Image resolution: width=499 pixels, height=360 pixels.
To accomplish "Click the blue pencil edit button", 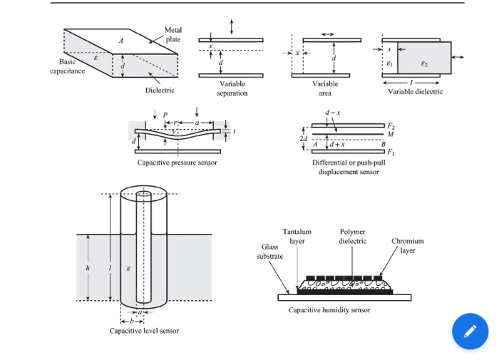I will click(470, 331).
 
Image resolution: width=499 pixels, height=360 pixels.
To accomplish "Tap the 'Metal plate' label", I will click(173, 35).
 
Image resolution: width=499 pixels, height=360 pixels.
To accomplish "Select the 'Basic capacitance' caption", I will click(67, 66).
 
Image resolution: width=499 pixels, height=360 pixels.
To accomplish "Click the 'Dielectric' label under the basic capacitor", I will click(160, 91).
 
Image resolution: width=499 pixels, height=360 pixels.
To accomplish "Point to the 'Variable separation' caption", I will click(232, 88).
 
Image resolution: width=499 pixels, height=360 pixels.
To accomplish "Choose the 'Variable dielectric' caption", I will click(415, 92).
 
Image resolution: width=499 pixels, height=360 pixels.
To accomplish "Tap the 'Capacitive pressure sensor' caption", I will click(178, 163).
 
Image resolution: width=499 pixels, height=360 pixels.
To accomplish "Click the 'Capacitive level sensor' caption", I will click(145, 331).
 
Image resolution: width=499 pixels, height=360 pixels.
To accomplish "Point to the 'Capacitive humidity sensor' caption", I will click(329, 310).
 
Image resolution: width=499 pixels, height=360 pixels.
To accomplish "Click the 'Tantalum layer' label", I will click(297, 237).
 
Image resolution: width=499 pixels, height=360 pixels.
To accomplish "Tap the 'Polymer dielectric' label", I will click(353, 237).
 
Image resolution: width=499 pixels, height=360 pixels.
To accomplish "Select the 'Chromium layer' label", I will click(407, 246).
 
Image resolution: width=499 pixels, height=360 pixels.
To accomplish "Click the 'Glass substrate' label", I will click(269, 250).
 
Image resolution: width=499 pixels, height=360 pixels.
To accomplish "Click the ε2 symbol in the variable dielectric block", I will click(424, 63).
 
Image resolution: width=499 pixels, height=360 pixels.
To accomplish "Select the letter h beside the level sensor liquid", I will click(88, 269).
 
